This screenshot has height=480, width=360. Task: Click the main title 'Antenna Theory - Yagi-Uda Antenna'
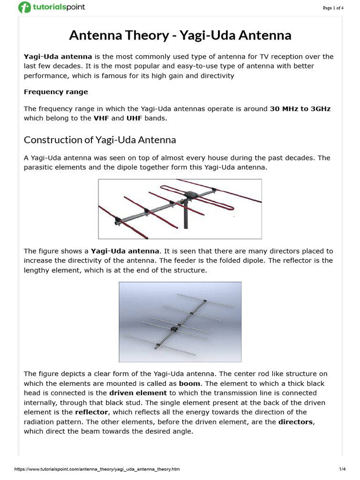pyautogui.click(x=180, y=35)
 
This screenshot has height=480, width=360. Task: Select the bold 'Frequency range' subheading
pyautogui.click(x=56, y=92)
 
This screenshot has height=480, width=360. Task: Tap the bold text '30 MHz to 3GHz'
pyautogui.click(x=300, y=109)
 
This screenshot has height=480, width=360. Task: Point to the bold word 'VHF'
pyautogui.click(x=101, y=118)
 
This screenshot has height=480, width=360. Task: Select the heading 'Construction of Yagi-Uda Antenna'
pyautogui.click(x=100, y=140)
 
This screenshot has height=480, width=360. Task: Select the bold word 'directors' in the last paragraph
pyautogui.click(x=295, y=422)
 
